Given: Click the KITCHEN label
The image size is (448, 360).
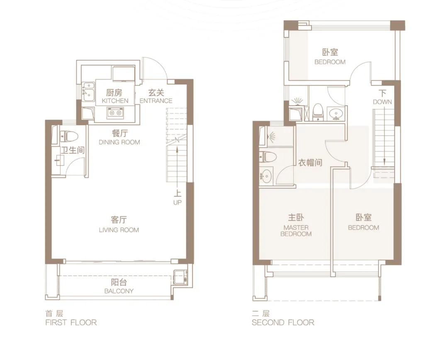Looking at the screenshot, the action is [x=115, y=101].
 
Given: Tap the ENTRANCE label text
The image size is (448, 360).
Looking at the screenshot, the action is [x=156, y=101].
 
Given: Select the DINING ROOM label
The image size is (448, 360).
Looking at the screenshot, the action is [x=119, y=142].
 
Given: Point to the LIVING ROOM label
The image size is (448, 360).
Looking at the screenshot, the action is [x=119, y=230].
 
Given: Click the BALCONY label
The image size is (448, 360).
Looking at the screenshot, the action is [x=119, y=291].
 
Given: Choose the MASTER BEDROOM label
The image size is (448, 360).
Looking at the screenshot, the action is [x=296, y=231].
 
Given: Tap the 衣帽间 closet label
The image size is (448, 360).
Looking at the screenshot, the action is [x=310, y=163].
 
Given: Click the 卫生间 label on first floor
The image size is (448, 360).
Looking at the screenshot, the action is [x=73, y=150].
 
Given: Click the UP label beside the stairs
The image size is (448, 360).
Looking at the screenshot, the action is [x=178, y=203].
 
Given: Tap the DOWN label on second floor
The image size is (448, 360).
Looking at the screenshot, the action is [x=382, y=102].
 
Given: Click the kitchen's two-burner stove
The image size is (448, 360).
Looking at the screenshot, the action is [x=115, y=113].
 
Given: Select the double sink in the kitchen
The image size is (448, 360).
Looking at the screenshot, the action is [x=89, y=91].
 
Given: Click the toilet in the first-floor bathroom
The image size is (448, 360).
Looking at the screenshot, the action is [x=69, y=136].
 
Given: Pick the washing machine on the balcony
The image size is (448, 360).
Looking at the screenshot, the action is [x=180, y=277].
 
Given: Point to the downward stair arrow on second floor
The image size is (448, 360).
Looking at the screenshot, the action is [x=384, y=137].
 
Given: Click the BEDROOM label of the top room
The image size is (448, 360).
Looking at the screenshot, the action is [x=330, y=62].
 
